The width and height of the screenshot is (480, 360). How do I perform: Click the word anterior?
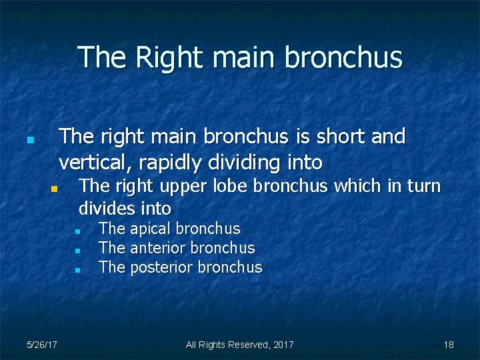coord(158,249)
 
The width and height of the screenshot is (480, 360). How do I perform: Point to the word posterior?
coord(162,268)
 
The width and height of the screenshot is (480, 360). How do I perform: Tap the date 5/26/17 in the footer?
coord(41,345)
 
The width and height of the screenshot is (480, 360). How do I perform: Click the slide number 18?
coord(449,345)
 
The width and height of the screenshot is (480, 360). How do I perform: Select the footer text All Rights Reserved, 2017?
coord(239,345)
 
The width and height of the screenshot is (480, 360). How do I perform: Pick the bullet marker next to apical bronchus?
coord(78,231)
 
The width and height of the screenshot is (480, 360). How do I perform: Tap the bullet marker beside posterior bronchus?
coord(78,270)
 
